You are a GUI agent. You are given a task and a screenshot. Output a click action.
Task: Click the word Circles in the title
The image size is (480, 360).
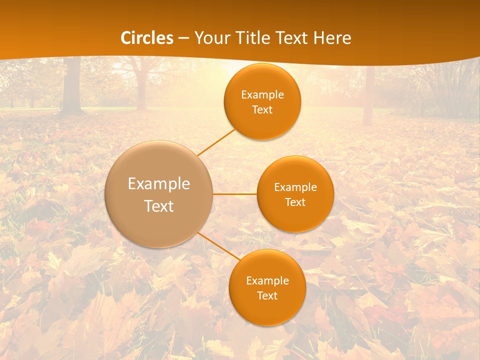coord(147,38)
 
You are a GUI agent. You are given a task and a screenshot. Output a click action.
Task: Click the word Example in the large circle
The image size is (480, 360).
coord(159,184)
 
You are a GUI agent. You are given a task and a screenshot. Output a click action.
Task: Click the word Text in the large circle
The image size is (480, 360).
coord(159,206)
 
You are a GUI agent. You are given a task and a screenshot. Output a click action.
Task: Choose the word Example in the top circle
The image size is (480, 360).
coord(262,95)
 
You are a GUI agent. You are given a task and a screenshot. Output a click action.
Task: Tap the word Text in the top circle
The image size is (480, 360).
coord(262,110)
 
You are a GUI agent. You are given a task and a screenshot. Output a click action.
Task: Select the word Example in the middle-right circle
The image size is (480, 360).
coord(295,187)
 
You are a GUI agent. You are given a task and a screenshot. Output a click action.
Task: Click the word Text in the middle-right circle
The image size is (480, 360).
coord(295,202)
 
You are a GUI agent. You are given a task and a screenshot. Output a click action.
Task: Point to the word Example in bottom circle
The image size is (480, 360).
coord(267,281)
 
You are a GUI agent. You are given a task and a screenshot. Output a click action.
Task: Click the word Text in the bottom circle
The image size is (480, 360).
coord(267,296)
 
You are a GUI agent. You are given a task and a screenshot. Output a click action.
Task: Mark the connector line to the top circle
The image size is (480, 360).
coord(216,142)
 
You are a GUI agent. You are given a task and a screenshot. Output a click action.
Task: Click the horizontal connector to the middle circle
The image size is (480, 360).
coord(235,193)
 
